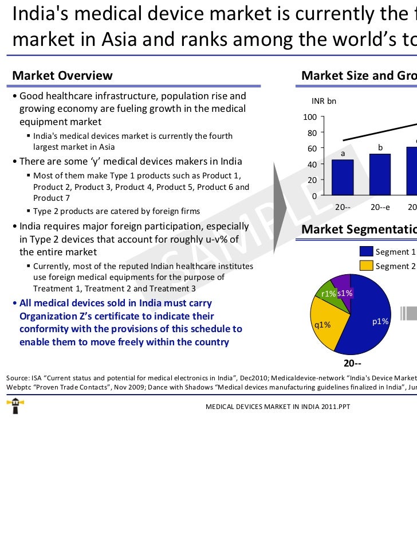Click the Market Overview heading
click(62, 76)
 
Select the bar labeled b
click(380, 174)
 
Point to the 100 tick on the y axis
click(310, 118)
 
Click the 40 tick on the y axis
click(312, 165)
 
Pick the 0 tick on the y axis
click(314, 196)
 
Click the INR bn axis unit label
click(324, 101)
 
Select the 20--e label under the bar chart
click(380, 207)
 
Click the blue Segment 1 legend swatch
click(366, 252)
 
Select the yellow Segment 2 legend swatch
click(366, 266)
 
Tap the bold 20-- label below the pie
click(352, 363)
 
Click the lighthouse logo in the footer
click(12, 406)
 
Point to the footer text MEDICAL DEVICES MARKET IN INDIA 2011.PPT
click(278, 406)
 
